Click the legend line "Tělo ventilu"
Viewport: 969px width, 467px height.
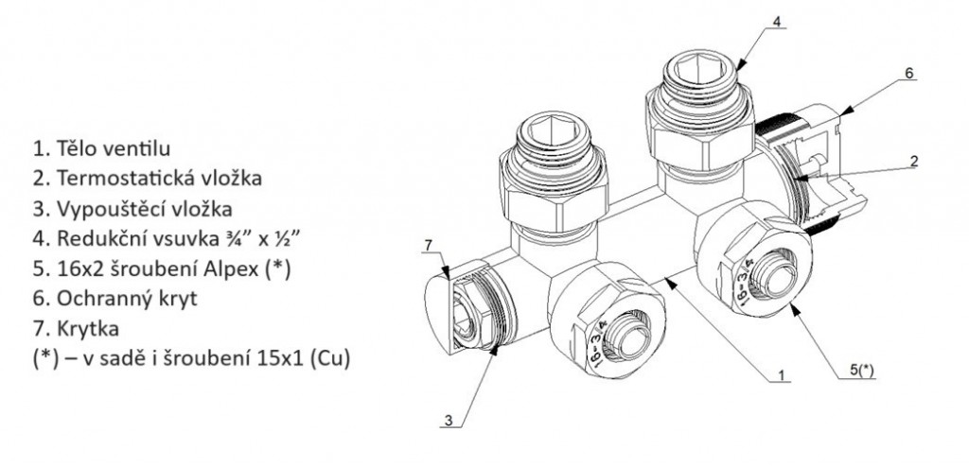(x=101, y=148)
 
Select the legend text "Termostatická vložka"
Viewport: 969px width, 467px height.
(x=147, y=179)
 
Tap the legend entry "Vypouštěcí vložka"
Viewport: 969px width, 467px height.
(x=132, y=209)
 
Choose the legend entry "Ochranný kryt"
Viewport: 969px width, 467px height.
(x=115, y=299)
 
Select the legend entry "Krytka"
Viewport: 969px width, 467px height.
(x=76, y=328)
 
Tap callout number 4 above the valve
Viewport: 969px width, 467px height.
(x=777, y=22)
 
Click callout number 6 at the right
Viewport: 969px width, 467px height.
(x=908, y=73)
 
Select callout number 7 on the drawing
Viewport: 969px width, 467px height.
(x=429, y=246)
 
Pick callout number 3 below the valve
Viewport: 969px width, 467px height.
(x=448, y=421)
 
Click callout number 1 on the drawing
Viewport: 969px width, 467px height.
(x=781, y=375)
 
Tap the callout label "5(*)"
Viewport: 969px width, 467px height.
(x=862, y=371)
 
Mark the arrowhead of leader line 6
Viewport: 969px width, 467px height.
(x=848, y=111)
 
